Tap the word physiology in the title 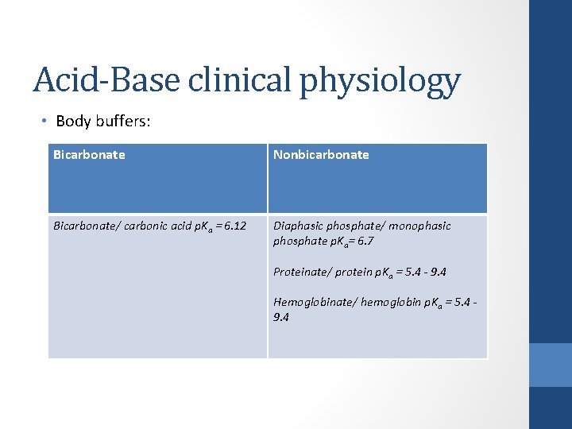[380, 82]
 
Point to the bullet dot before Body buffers [45, 121]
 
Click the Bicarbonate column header [89, 155]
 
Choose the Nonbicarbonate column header [321, 155]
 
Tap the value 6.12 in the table [234, 226]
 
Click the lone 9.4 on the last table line [281, 317]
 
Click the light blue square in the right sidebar [551, 365]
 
